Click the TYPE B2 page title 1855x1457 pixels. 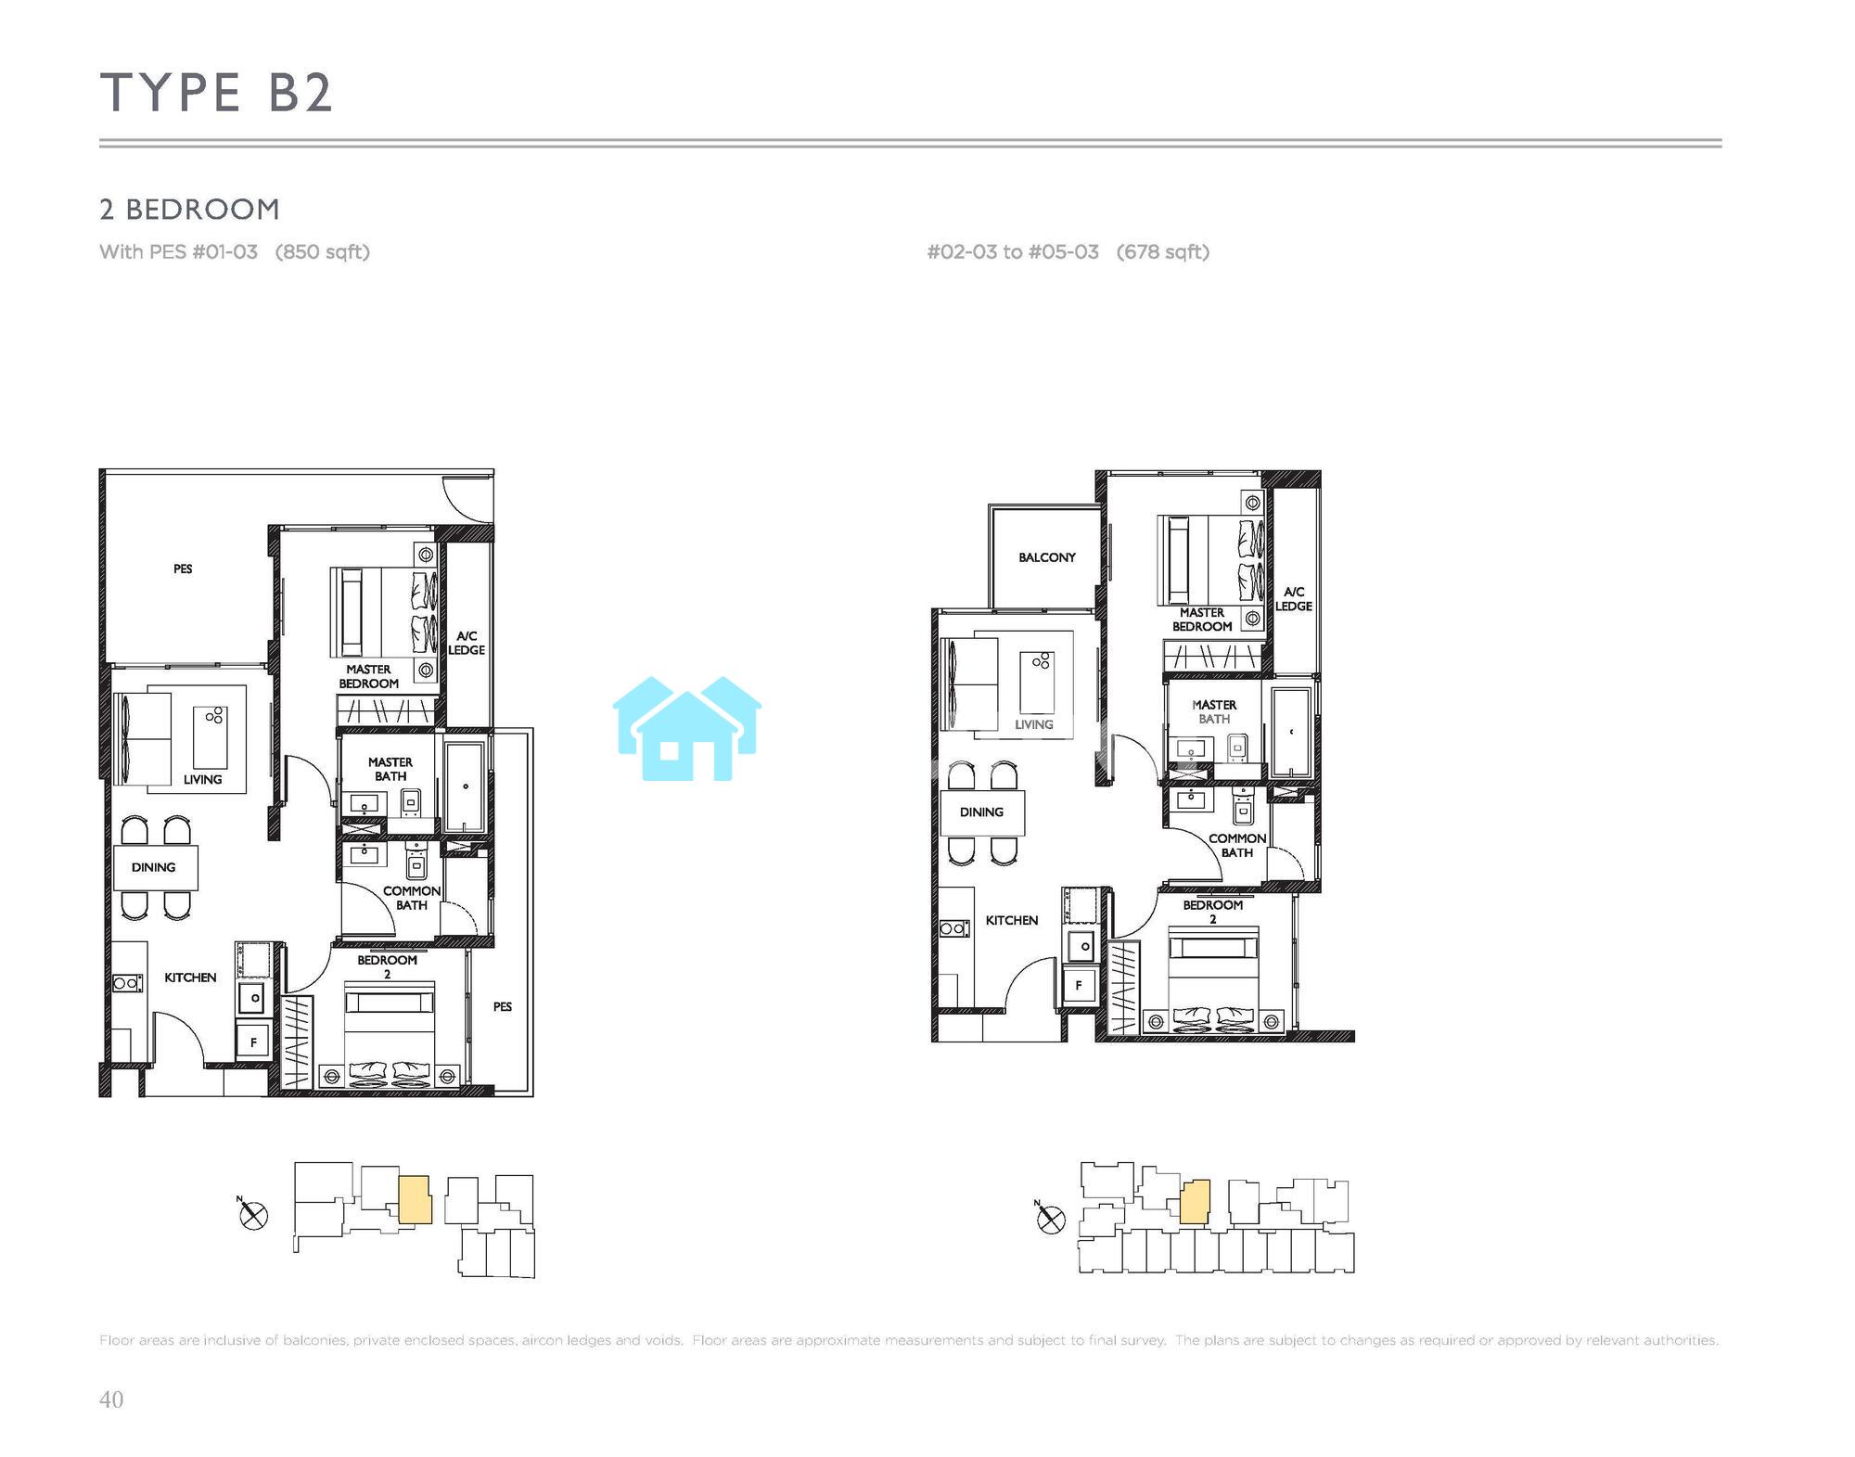[x=216, y=93]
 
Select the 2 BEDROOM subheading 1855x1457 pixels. [x=189, y=210]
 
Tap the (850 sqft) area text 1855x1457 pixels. [x=323, y=252]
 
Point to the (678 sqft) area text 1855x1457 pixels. [x=1163, y=252]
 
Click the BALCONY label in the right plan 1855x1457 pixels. [x=1047, y=557]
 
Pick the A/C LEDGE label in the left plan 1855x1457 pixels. [x=467, y=643]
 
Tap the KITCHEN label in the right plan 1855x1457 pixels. [x=1012, y=920]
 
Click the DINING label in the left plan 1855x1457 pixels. [x=153, y=867]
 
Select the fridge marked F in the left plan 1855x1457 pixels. [x=253, y=1042]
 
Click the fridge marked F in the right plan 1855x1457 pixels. [x=1078, y=985]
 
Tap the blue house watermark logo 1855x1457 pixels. [x=687, y=728]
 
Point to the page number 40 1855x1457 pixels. [x=111, y=1399]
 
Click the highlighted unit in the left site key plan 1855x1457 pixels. [x=415, y=1200]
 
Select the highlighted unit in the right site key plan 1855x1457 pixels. [x=1196, y=1202]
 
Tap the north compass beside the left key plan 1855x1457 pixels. [x=253, y=1215]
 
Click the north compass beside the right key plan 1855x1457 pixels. [x=1050, y=1220]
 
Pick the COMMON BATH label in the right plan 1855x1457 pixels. [x=1237, y=845]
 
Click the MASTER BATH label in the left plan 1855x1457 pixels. [x=390, y=769]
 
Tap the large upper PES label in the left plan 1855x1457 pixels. [x=183, y=569]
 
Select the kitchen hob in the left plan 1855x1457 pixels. [x=128, y=983]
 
